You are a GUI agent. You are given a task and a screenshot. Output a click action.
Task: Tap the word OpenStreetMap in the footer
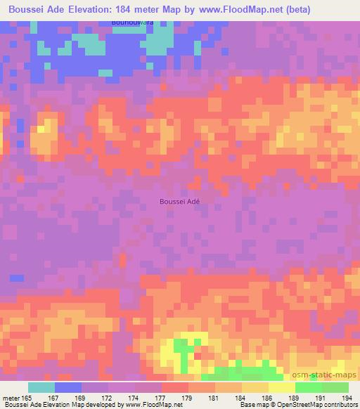297,405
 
